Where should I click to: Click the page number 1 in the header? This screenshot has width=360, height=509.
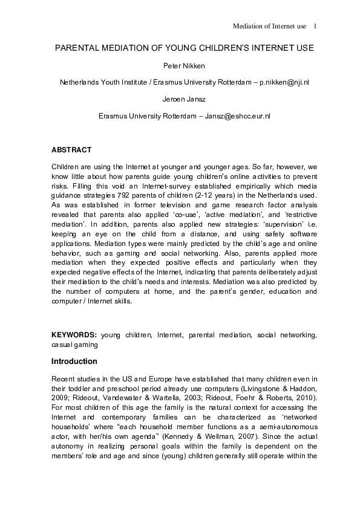tap(315, 26)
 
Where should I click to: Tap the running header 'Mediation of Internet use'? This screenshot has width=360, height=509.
tap(269, 26)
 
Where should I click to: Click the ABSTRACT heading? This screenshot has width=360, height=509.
tap(71, 149)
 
